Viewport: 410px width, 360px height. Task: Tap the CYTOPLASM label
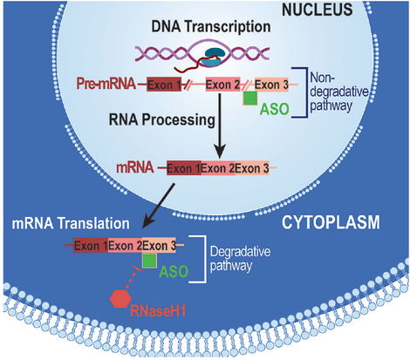[x=328, y=223]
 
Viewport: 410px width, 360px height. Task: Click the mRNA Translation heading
[x=71, y=222]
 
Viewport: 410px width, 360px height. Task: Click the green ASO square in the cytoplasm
[x=150, y=261]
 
